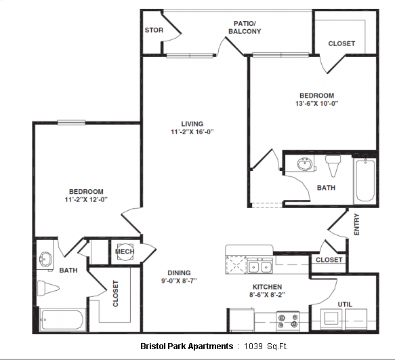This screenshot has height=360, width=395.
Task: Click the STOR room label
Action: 154,31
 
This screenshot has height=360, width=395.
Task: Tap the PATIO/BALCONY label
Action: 245,28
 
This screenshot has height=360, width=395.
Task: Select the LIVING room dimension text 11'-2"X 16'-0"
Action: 192,132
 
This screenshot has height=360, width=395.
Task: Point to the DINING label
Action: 179,273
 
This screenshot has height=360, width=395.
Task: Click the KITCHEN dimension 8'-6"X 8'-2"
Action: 267,294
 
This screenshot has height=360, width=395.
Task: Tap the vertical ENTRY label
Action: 356,224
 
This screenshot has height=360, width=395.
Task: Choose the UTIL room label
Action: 345,304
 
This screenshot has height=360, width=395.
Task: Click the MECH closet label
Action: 125,252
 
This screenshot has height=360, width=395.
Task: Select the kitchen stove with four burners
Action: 288,321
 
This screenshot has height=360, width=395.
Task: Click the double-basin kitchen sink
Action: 259,266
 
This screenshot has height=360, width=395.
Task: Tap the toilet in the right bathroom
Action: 333,165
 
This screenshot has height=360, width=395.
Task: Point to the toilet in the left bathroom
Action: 48,288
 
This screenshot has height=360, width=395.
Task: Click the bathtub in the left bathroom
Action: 62,319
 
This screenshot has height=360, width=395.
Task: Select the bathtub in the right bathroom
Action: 365,180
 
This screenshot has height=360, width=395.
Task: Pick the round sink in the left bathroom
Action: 45,259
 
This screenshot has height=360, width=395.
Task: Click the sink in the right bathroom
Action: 305,164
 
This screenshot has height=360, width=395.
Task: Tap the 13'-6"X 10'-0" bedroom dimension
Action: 316,103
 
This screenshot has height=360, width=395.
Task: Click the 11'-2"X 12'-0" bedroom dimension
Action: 86,200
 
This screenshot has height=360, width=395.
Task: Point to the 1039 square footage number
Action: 253,346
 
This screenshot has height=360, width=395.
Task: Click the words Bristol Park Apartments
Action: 187,346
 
